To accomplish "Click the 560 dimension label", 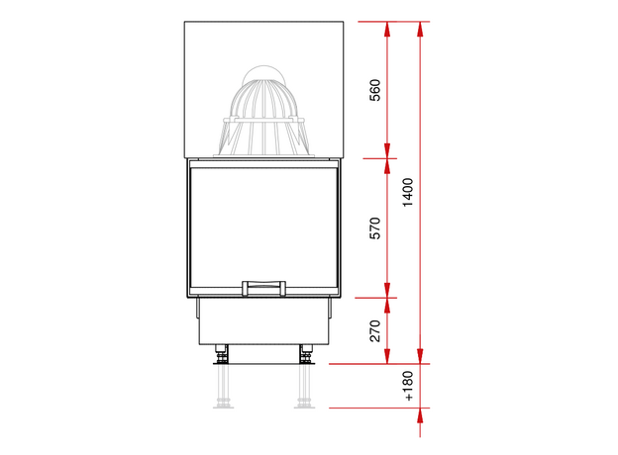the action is (x=375, y=90).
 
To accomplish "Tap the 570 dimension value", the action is (x=375, y=227).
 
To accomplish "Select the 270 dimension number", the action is (x=375, y=331).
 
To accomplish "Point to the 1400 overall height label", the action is (x=408, y=192).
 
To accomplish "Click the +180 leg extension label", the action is (x=409, y=386).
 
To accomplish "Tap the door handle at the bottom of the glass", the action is (x=263, y=288).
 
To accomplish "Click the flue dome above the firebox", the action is (x=263, y=117).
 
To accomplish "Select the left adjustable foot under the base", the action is (x=222, y=354).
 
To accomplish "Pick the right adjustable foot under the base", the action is (x=306, y=354).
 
